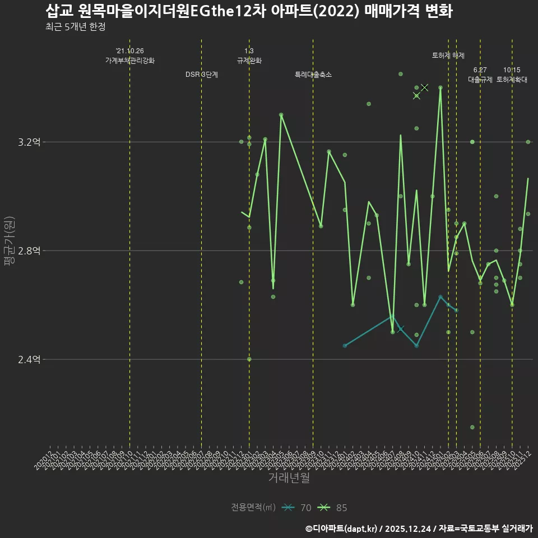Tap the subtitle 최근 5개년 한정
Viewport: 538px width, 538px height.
[76, 27]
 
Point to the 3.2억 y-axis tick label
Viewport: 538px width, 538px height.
[29, 142]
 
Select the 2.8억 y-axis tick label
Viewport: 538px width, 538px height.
[29, 251]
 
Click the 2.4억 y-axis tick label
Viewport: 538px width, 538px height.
[29, 360]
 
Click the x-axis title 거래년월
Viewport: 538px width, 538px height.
[289, 478]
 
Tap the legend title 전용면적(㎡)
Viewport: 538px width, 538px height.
[253, 508]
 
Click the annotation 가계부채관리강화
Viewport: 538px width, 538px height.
[130, 61]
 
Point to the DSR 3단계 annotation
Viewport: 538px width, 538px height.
[202, 75]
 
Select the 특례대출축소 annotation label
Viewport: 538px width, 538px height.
[313, 75]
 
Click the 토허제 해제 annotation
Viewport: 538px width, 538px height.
[448, 55]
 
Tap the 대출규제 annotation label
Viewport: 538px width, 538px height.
[480, 80]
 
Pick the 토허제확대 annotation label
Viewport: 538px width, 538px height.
[512, 80]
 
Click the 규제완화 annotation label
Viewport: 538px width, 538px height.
[249, 61]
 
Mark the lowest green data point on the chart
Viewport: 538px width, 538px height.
[472, 427]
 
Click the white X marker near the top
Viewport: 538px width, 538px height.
[425, 87]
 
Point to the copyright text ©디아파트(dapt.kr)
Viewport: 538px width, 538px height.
[342, 528]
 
